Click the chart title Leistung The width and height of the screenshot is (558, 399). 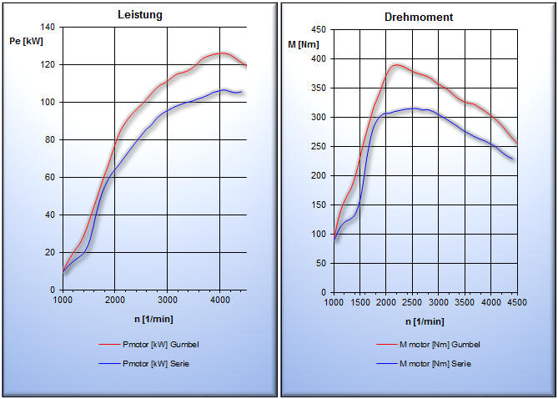tap(139, 14)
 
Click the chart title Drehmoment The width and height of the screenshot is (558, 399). tap(419, 17)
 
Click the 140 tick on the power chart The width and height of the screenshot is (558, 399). tap(47, 28)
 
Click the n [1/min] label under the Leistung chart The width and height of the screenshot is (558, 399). tap(153, 318)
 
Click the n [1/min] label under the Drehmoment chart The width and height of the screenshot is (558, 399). tap(425, 321)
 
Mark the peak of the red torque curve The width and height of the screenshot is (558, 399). tap(396, 64)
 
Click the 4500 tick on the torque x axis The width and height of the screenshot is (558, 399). tap(517, 303)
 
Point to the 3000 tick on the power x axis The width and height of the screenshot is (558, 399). tap(168, 300)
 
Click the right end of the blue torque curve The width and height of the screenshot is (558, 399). tap(513, 159)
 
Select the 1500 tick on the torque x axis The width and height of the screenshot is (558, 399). tap(359, 303)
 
